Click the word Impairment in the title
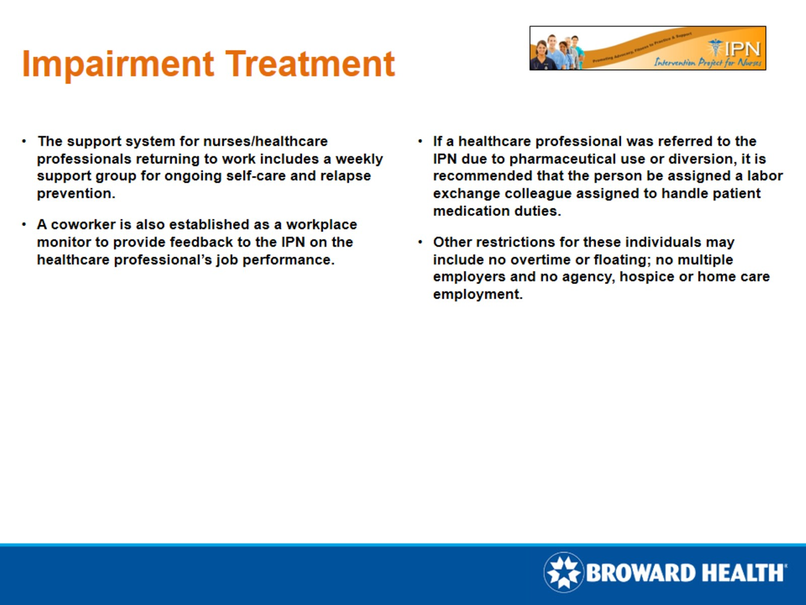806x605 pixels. pyautogui.click(x=118, y=64)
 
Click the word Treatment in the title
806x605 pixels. pyautogui.click(x=310, y=64)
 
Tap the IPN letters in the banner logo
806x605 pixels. pyautogui.click(x=743, y=49)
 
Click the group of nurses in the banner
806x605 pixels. pyautogui.click(x=557, y=53)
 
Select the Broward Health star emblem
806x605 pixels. pyautogui.click(x=563, y=572)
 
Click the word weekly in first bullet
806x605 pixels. pyautogui.click(x=359, y=159)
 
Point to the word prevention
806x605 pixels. pyautogui.click(x=75, y=194)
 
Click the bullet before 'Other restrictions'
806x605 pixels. pyautogui.click(x=420, y=243)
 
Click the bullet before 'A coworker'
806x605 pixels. pyautogui.click(x=24, y=225)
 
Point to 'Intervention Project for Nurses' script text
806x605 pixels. pyautogui.click(x=707, y=63)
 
